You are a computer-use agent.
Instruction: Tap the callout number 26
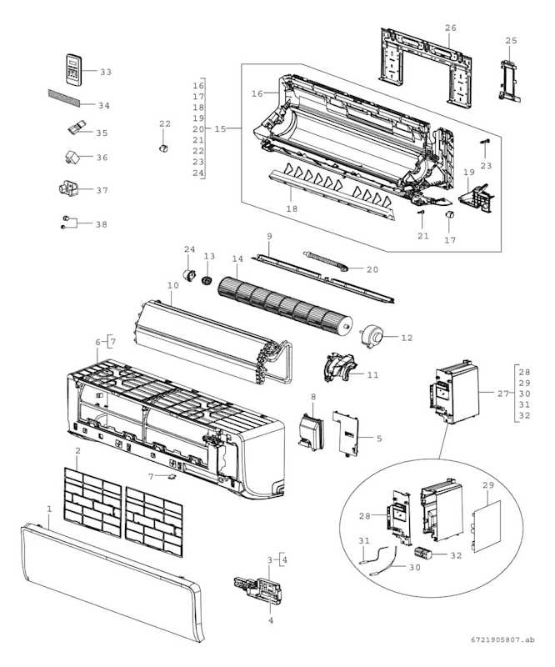[451, 28]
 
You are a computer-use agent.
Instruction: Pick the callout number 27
[502, 393]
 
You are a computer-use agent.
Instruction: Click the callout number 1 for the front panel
[49, 509]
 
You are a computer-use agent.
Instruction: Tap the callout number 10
[172, 286]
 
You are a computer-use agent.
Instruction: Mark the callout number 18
[291, 208]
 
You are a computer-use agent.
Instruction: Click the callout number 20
[372, 269]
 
